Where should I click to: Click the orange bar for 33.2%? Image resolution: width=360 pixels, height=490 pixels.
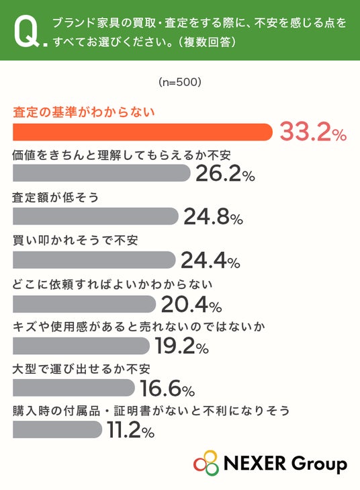click(x=142, y=132)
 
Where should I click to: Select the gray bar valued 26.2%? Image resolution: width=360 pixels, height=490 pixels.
click(x=101, y=173)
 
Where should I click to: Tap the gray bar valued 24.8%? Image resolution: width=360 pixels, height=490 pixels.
click(x=95, y=216)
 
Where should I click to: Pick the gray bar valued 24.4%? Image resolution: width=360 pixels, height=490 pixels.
click(x=94, y=259)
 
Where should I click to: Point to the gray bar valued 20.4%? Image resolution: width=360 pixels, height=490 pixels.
click(x=85, y=304)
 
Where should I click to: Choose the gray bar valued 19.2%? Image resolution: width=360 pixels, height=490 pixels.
click(x=81, y=345)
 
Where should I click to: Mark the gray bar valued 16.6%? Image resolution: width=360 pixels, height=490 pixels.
click(x=74, y=388)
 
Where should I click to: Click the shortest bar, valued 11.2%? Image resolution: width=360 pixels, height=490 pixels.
click(x=58, y=429)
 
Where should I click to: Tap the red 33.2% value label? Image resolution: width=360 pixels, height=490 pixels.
click(x=313, y=132)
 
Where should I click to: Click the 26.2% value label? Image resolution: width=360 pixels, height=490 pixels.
click(x=225, y=173)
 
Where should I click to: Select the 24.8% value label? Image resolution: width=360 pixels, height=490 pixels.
click(x=214, y=216)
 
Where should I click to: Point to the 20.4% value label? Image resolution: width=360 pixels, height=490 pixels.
click(x=191, y=304)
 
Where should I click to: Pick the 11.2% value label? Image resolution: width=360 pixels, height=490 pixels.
click(x=131, y=430)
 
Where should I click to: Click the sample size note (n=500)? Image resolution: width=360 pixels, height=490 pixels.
click(x=180, y=82)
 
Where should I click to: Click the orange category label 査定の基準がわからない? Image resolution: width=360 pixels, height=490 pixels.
click(x=84, y=112)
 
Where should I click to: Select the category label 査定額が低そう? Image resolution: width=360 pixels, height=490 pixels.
click(x=56, y=198)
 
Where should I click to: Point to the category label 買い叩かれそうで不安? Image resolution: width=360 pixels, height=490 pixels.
click(x=75, y=241)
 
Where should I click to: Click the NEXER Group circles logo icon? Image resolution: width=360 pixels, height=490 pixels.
click(x=206, y=463)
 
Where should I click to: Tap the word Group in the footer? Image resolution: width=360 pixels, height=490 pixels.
click(x=318, y=464)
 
